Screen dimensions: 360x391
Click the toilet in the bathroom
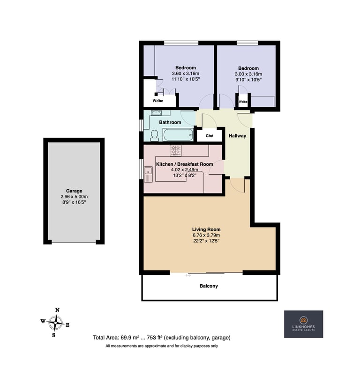point(155,135)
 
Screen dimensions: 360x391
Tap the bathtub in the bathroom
point(178,135)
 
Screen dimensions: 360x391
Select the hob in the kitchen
point(176,151)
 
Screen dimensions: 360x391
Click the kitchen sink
point(148,174)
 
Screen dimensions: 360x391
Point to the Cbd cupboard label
point(210,136)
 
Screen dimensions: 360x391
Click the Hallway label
point(237,136)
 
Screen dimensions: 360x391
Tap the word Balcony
point(209,286)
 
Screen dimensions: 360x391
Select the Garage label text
point(74,191)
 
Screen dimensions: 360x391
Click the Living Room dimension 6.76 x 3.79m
point(206,235)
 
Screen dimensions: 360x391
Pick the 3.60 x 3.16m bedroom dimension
point(186,74)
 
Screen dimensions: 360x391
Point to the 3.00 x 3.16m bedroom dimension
point(248,74)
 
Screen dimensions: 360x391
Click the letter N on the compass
point(57,310)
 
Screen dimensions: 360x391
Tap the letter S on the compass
point(53,335)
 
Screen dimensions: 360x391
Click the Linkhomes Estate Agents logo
point(304,324)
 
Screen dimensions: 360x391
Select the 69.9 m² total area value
point(130,338)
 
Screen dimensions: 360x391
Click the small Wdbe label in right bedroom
point(243,102)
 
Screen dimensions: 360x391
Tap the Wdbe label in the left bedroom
point(158,101)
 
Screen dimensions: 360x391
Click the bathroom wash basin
point(156,113)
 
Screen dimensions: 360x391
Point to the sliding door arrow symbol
point(188,275)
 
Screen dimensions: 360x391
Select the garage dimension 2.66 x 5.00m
point(74,197)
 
